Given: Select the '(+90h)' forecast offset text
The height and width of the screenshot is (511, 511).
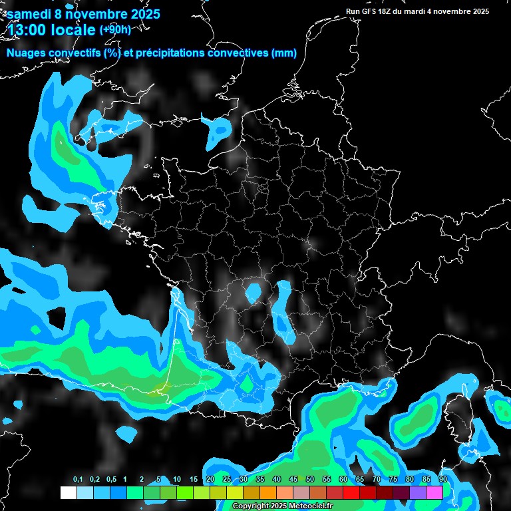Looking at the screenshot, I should pos(115,29).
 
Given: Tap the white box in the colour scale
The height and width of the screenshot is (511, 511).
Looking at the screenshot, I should pos(68,492).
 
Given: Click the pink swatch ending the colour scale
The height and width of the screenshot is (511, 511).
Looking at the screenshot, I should pos(434,492).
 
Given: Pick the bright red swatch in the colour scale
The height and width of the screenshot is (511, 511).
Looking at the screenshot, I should pos(351,492).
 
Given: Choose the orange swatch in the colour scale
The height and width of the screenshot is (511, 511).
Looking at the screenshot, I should pos(268,492).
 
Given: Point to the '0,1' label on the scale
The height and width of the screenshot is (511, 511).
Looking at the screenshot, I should pos(78,480).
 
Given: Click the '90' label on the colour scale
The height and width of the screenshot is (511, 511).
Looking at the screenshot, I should pos(442,480).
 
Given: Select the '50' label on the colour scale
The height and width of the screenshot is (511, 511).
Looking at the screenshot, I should pos(310,480).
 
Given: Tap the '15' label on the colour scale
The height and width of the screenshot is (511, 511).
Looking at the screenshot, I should pos(194,480).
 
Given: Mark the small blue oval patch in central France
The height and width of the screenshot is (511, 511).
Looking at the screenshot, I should pos(254,291).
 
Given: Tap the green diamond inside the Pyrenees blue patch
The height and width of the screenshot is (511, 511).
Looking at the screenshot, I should pos(247,385).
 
